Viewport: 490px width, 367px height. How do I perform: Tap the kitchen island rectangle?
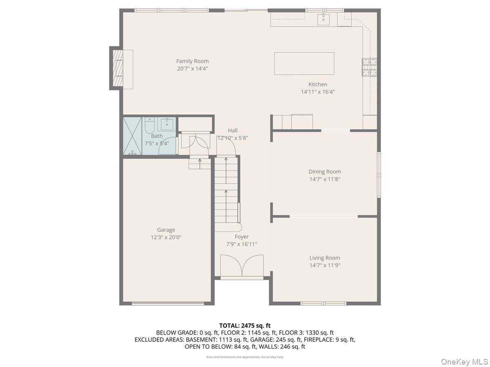pyautogui.click(x=304, y=64)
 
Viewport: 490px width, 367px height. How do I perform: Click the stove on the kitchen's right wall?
pyautogui.click(x=369, y=68)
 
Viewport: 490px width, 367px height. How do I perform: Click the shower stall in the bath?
pyautogui.click(x=133, y=136)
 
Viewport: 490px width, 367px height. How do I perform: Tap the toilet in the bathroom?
pyautogui.click(x=149, y=125)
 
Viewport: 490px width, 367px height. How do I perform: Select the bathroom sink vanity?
pyautogui.click(x=167, y=124)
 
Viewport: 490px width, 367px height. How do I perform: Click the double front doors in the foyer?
pyautogui.click(x=242, y=266)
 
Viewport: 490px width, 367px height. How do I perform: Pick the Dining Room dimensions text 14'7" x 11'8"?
pyautogui.click(x=325, y=179)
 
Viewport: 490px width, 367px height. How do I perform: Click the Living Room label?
pyautogui.click(x=325, y=258)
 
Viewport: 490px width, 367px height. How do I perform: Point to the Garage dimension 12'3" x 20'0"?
pyautogui.click(x=166, y=237)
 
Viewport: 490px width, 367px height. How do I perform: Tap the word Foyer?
pyautogui.click(x=242, y=237)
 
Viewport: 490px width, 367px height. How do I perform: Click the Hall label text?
pyautogui.click(x=233, y=130)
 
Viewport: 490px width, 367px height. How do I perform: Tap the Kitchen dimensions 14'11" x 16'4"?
pyautogui.click(x=318, y=92)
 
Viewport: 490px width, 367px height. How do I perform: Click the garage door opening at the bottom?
pyautogui.click(x=168, y=303)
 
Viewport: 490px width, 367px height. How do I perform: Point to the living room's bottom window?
pyautogui.click(x=323, y=303)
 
